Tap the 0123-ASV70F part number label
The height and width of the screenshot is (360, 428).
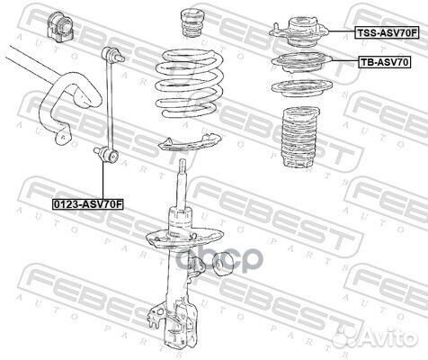tap(87, 204)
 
